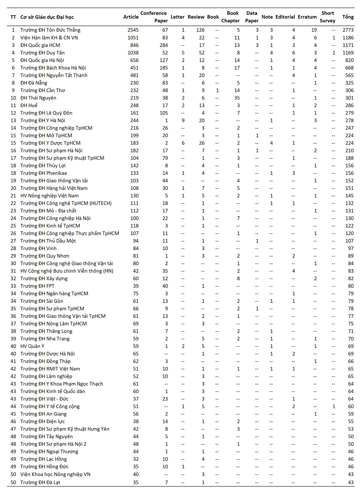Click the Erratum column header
point(307,17)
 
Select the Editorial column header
point(285,17)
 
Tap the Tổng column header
point(348,17)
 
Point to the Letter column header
point(177,17)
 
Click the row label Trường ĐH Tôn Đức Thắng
point(50,30)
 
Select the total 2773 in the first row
point(348,30)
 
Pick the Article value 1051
point(133,38)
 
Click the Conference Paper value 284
point(164,45)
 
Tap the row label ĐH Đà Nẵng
point(34,83)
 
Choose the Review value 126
point(200,30)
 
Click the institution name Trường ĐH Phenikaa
point(43,173)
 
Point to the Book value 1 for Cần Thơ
point(217,90)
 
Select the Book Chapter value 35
point(237,98)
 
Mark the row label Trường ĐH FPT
point(37,286)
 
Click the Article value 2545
point(133,30)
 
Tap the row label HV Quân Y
point(32,346)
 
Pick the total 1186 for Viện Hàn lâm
point(348,38)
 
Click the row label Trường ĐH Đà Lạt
point(40,482)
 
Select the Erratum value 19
point(314,30)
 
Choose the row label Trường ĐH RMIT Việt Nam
point(50,369)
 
